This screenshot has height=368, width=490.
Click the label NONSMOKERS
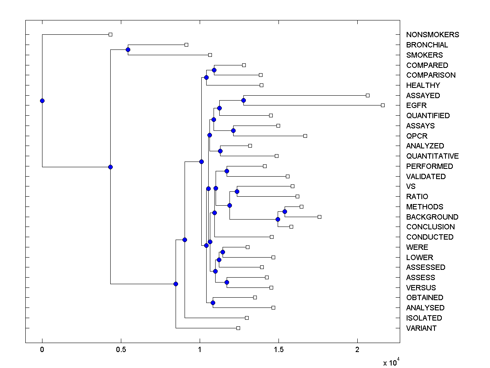(x=432, y=35)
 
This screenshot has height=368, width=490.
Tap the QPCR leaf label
(x=417, y=136)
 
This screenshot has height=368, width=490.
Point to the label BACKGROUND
(x=432, y=217)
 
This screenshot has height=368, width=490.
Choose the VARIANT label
(x=421, y=328)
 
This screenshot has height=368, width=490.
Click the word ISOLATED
(x=424, y=318)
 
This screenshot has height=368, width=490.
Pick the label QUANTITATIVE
(x=432, y=156)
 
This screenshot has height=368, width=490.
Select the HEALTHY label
(x=423, y=85)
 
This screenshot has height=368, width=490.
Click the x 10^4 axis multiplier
(x=392, y=362)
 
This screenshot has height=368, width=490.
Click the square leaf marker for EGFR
(x=383, y=105)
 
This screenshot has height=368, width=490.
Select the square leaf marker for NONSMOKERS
(x=110, y=34)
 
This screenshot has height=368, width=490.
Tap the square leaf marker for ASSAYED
(x=367, y=95)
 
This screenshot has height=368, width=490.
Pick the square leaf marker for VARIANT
(x=238, y=328)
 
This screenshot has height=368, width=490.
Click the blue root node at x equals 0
(x=42, y=101)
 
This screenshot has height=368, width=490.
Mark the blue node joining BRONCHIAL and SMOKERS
(x=128, y=49)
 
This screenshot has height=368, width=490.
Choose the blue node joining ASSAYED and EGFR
(x=243, y=100)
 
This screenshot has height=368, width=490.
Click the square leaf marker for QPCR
(x=305, y=136)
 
